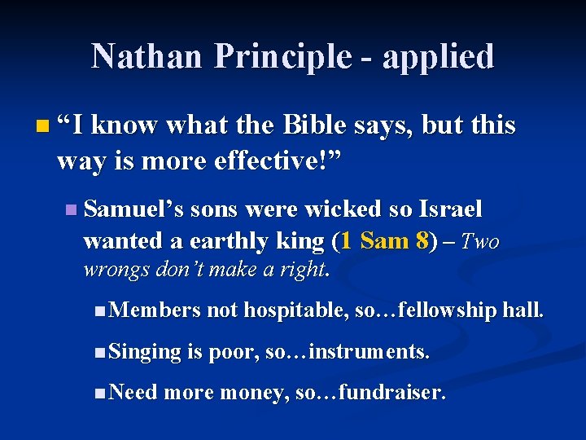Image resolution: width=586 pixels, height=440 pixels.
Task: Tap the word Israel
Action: point(450,209)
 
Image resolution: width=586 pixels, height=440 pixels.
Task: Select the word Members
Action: point(154,310)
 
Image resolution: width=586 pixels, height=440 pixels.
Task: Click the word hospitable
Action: point(297,310)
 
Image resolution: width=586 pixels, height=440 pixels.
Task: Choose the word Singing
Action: point(145,352)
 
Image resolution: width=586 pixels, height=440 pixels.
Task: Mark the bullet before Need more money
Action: point(98,394)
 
